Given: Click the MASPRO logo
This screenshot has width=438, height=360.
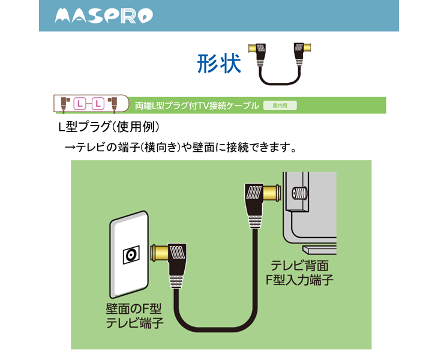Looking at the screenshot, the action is tap(103, 16).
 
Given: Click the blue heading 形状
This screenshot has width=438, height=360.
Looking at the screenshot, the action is tap(219, 62).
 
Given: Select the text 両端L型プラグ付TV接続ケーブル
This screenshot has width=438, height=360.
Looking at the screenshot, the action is tap(197, 106).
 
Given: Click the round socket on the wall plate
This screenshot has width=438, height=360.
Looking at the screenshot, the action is tap(131, 255).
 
